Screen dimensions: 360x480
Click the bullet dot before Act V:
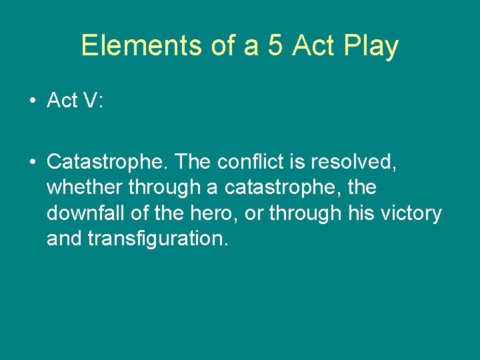pyautogui.click(x=32, y=101)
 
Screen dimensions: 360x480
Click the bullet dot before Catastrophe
pyautogui.click(x=32, y=162)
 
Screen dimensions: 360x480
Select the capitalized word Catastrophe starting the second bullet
pyautogui.click(x=107, y=162)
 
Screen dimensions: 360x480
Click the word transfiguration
pyautogui.click(x=158, y=239)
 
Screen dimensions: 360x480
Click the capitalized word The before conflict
pyautogui.click(x=195, y=162)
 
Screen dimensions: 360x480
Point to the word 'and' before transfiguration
pyautogui.click(x=64, y=239)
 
